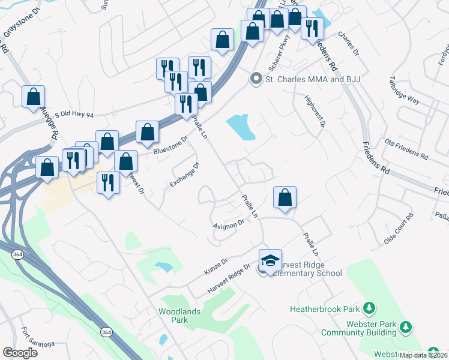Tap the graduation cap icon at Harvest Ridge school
[270, 260]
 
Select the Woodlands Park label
[173, 316]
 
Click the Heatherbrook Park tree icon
[370, 309]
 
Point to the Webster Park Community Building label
[359, 328]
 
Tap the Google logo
[20, 353]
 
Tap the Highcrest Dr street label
[315, 112]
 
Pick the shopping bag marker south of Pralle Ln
[285, 197]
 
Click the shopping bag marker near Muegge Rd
[33, 97]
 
